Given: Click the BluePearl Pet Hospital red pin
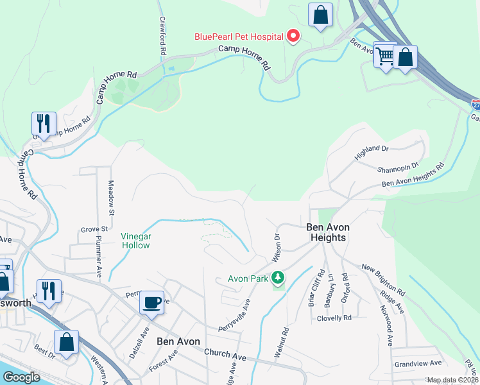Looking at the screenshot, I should [x=293, y=36].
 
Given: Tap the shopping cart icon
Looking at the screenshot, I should [x=385, y=56].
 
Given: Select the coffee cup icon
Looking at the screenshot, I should [x=152, y=302].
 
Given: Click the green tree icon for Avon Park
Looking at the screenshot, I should [x=278, y=278].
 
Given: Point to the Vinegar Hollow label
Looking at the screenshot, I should [x=136, y=241].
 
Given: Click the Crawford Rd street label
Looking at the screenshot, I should [x=163, y=35].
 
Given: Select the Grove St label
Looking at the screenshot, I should [x=94, y=229].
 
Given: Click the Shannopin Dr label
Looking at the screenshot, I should [x=398, y=168].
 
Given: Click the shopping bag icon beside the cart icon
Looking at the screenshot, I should [x=405, y=57].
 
